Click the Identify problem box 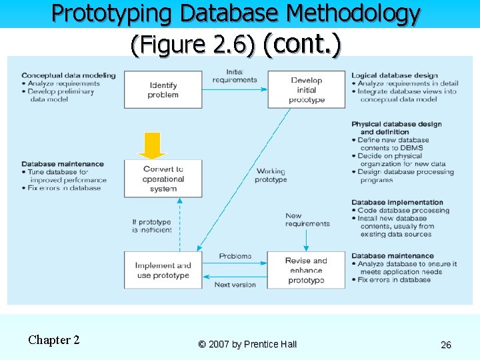tap(163, 90)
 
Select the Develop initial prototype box tap(307, 90)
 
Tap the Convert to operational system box tap(163, 179)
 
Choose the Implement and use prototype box tap(163, 270)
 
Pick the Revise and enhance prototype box tap(307, 270)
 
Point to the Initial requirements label tap(234, 76)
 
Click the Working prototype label tap(271, 175)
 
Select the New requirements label tap(307, 220)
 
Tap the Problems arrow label tap(235, 256)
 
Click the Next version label tap(235, 285)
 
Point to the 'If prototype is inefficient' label tap(151, 226)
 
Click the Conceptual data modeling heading tap(68, 75)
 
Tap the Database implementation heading tap(397, 203)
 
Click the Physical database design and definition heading tap(396, 128)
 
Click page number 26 tap(446, 345)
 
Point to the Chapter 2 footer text tap(53, 340)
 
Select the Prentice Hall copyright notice tap(247, 345)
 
